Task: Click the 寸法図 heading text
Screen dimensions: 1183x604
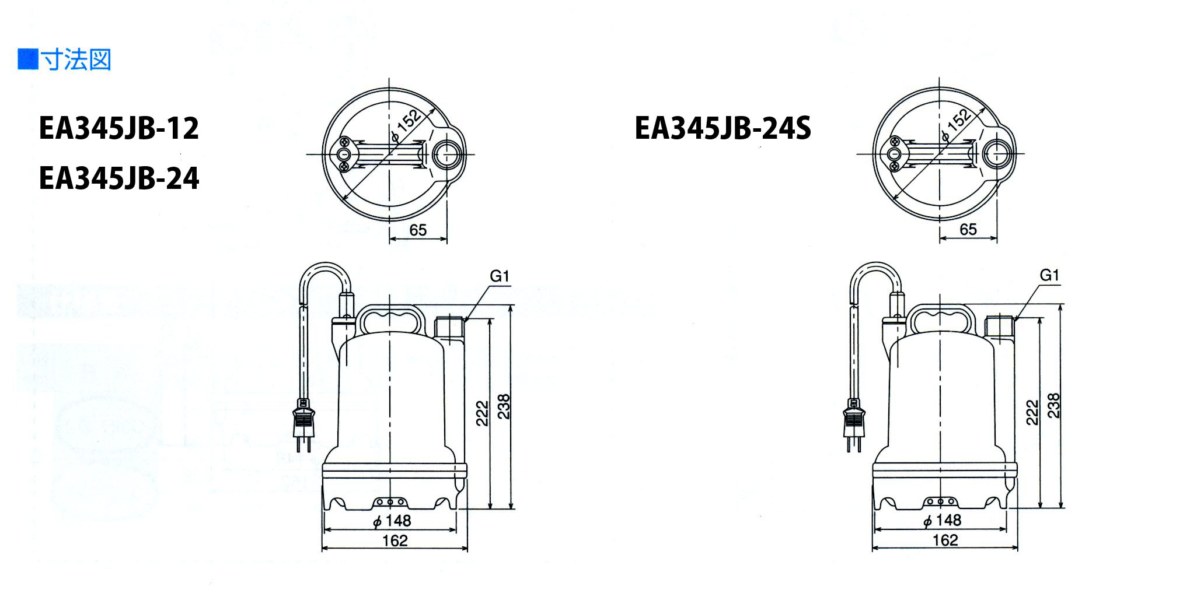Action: tap(76, 60)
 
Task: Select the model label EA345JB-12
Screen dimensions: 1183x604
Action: tap(119, 129)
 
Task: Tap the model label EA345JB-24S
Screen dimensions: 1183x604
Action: tap(723, 129)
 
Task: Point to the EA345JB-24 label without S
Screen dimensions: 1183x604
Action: tap(119, 178)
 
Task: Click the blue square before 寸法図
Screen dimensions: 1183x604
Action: tap(27, 59)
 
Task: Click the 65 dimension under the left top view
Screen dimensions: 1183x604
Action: tap(418, 230)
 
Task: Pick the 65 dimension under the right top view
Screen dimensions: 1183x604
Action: tap(968, 230)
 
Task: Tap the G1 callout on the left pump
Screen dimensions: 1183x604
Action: tap(500, 276)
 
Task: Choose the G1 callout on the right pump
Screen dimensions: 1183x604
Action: tap(1049, 275)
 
